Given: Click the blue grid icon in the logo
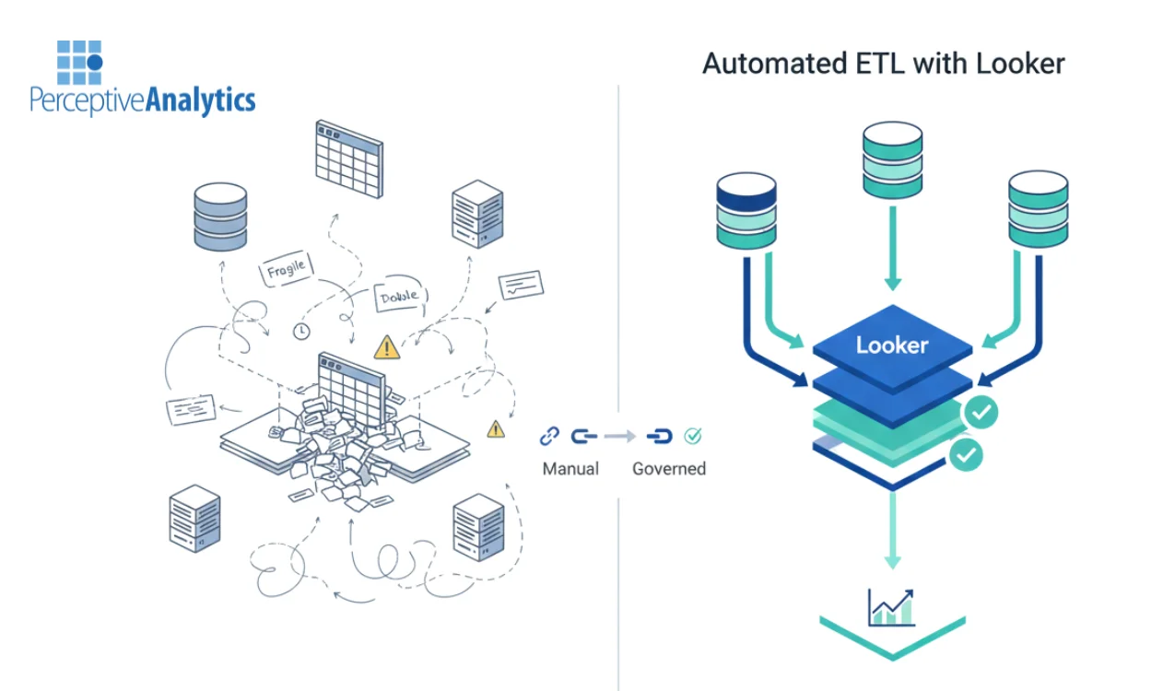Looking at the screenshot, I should (78, 62).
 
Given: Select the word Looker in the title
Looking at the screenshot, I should (1020, 63).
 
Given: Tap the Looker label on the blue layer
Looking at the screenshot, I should (892, 345).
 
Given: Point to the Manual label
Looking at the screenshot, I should (570, 469).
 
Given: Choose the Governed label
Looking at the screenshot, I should (669, 469).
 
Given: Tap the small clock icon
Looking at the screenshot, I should (300, 330).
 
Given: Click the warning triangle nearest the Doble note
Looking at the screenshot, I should (386, 347).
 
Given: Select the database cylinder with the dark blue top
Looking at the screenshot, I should (746, 212).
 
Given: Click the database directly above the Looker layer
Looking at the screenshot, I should (892, 158).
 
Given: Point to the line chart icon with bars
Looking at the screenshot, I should (891, 607).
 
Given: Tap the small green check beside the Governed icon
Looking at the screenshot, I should (695, 435).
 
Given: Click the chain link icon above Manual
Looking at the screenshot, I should (549, 436).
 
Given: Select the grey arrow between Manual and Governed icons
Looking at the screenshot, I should (622, 436).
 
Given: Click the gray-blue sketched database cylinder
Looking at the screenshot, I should (221, 217).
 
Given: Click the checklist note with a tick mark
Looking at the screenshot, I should (521, 285).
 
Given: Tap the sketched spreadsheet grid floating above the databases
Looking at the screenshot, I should (348, 158).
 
